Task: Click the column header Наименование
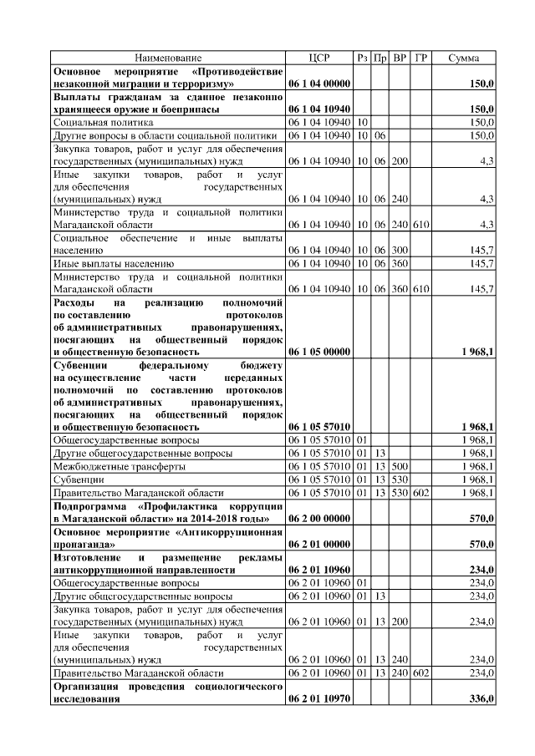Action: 167,58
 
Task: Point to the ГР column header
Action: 421,58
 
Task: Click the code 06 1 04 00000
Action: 319,84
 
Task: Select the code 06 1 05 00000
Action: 319,353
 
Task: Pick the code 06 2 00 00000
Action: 319,518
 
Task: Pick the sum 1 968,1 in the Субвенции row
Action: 477,479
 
